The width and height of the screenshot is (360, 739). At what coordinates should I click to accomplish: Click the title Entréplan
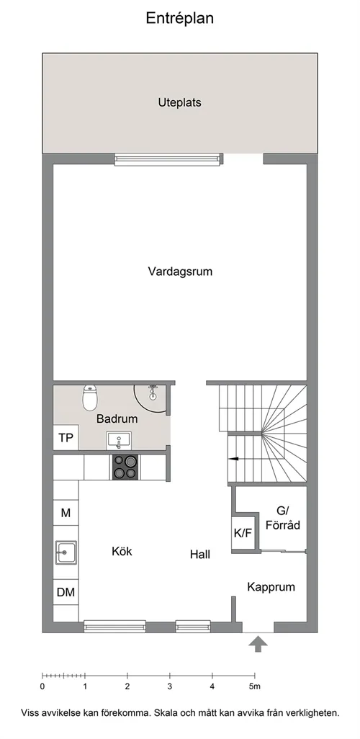(x=179, y=19)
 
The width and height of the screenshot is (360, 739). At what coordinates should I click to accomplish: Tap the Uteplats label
(x=179, y=103)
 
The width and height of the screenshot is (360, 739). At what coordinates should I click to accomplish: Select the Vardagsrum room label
(x=180, y=272)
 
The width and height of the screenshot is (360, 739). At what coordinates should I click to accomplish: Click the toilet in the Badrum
(x=90, y=398)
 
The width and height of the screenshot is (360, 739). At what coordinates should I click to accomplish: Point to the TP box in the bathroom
(x=66, y=438)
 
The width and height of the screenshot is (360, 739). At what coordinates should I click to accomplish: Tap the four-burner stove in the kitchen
(x=125, y=467)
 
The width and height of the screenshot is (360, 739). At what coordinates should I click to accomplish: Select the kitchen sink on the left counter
(x=66, y=552)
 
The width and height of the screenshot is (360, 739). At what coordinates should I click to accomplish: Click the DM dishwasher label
(x=66, y=593)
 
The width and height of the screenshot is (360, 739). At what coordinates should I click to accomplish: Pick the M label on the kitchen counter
(x=66, y=513)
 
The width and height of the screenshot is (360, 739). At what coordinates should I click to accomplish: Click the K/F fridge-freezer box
(x=243, y=534)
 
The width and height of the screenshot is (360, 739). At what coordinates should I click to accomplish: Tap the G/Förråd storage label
(x=283, y=517)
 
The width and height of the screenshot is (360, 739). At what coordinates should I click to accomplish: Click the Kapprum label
(x=271, y=587)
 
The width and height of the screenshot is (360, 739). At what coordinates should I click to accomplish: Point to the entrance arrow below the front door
(x=258, y=644)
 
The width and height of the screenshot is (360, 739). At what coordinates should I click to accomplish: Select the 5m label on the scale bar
(x=254, y=686)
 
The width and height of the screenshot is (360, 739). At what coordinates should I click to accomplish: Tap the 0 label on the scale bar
(x=42, y=686)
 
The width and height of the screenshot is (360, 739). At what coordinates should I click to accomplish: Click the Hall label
(x=200, y=555)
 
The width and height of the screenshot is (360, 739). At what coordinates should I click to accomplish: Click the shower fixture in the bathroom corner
(x=152, y=392)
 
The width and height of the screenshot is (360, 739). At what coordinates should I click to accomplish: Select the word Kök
(x=122, y=551)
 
